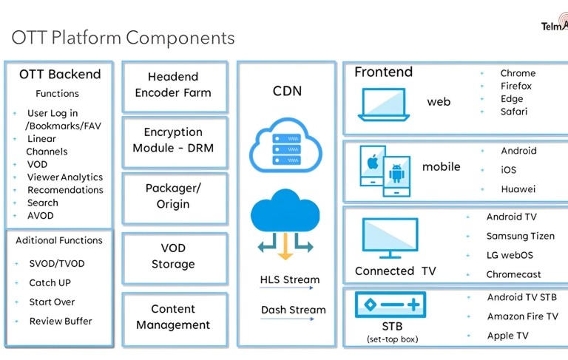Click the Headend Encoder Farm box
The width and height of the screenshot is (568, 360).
[x=173, y=85]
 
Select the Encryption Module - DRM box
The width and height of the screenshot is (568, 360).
[x=173, y=140]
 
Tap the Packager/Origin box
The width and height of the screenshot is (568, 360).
[x=173, y=197]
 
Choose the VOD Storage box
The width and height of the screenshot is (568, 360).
[x=173, y=256]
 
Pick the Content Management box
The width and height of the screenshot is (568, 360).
[x=173, y=317]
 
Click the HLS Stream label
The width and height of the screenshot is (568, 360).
[x=290, y=280]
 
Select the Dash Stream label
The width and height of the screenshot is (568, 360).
[x=293, y=310]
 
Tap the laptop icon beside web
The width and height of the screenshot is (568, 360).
[x=384, y=104]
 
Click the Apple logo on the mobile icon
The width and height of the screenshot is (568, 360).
[x=372, y=160]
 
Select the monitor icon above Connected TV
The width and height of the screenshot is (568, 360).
[x=390, y=239]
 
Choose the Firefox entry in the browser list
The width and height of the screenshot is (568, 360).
[x=515, y=86]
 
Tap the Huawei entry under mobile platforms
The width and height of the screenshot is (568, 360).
[x=518, y=189]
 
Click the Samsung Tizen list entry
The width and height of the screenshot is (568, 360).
[x=520, y=236]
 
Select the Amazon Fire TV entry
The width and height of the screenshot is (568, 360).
[x=522, y=316]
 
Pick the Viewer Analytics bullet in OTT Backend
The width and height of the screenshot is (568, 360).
[x=65, y=177]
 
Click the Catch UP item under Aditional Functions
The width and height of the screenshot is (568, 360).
[x=50, y=283]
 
